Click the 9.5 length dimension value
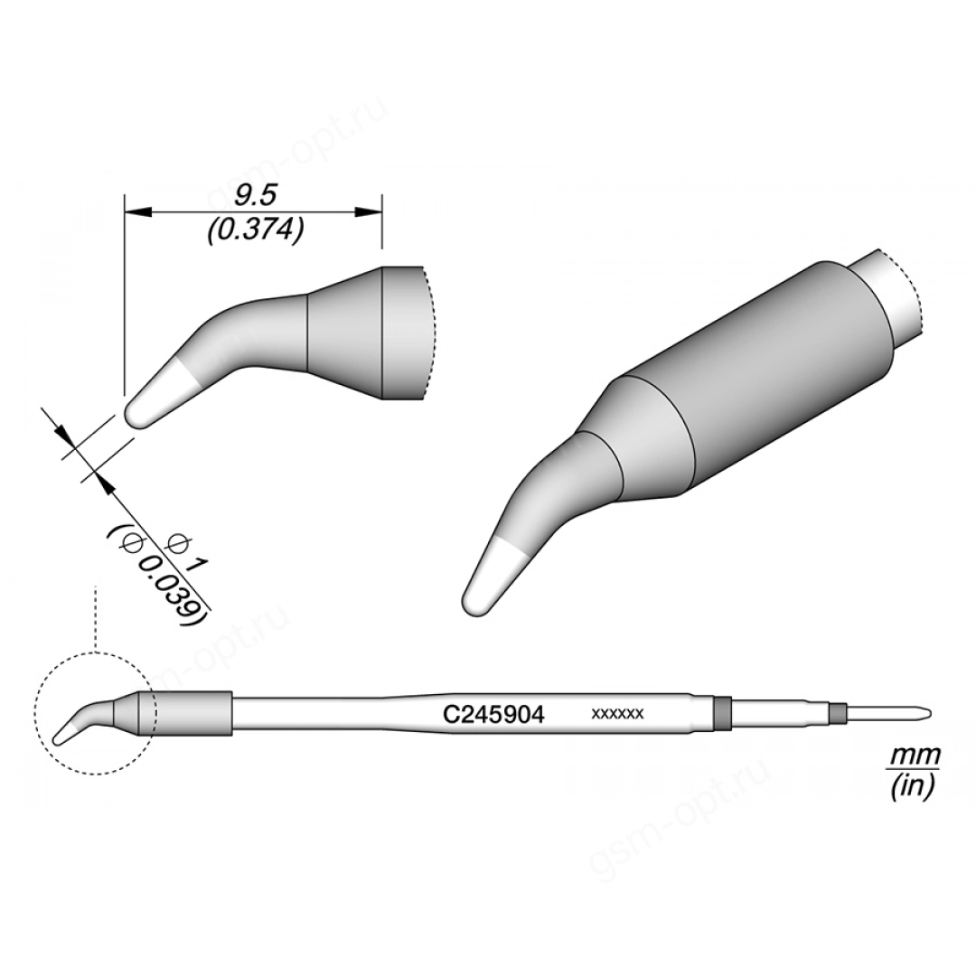[x=255, y=196]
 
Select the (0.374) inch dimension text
[x=255, y=231]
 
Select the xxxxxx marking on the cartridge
[x=617, y=714]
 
